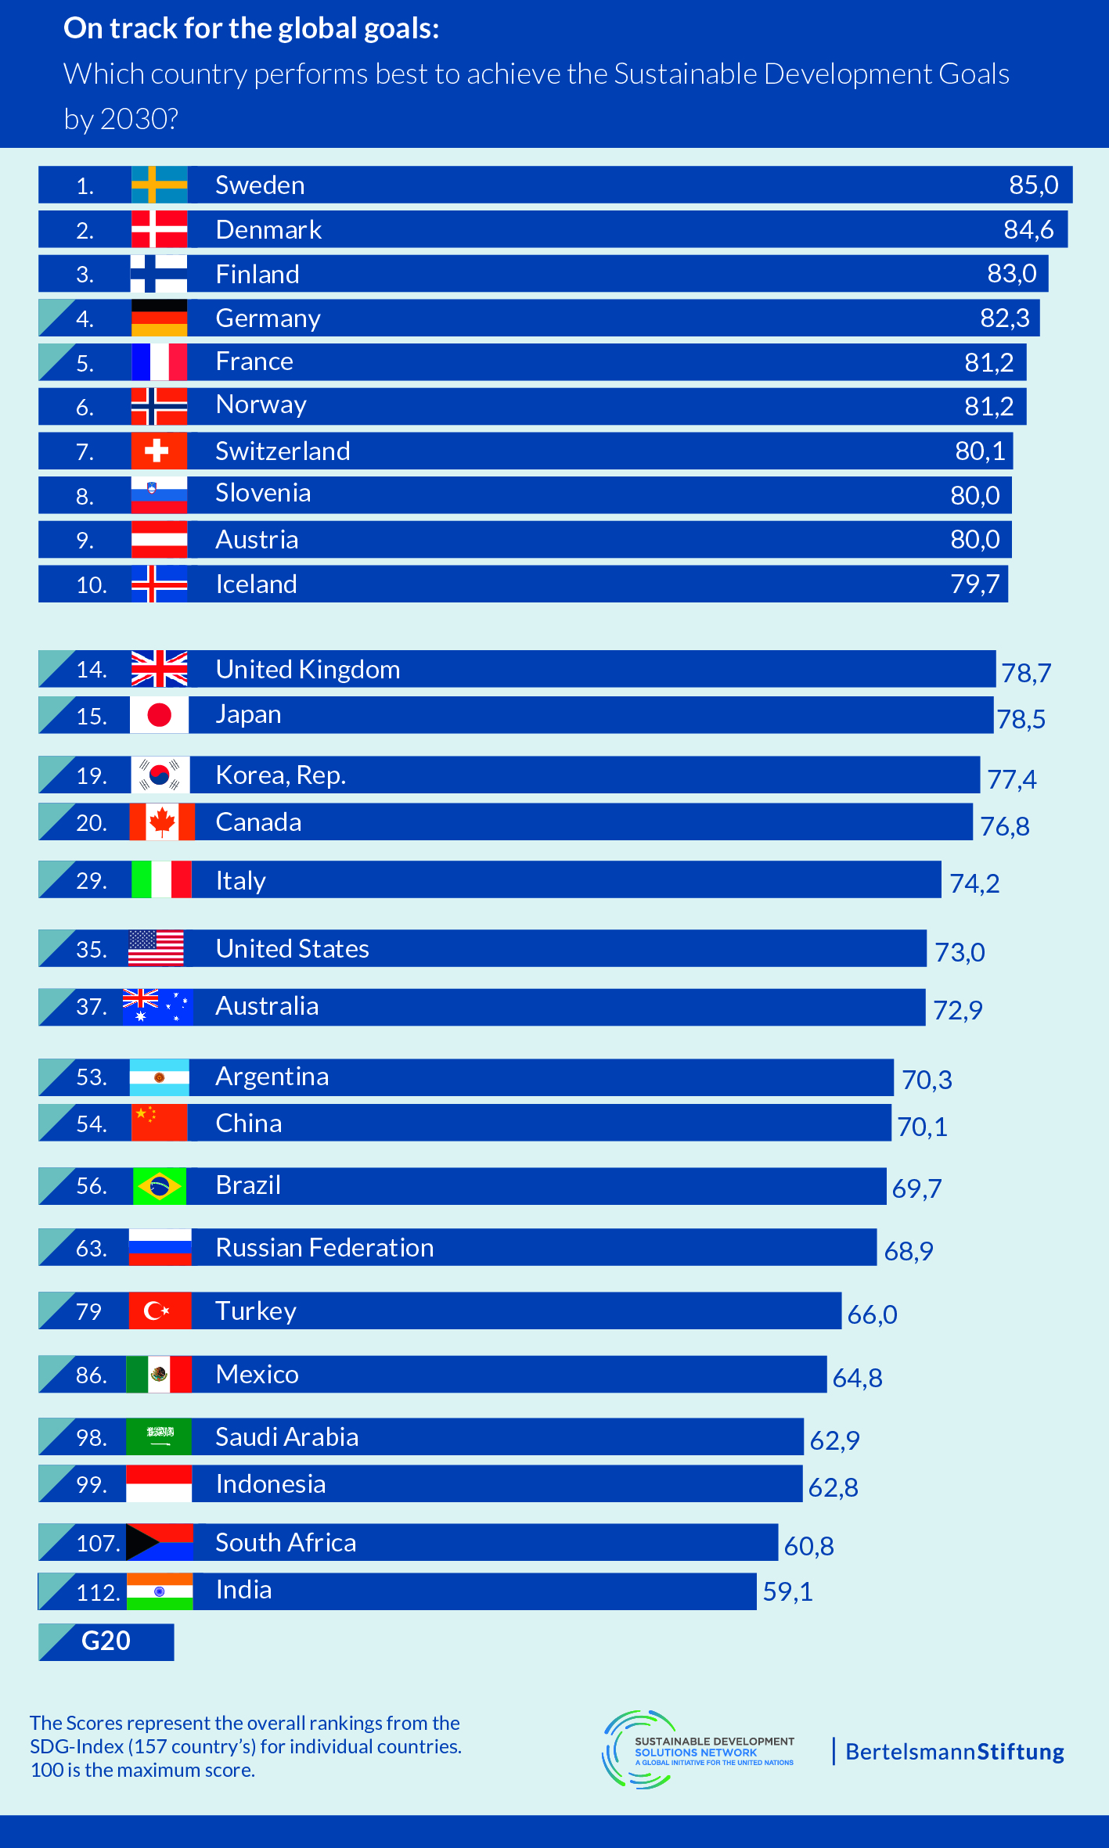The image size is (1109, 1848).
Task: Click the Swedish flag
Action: [159, 185]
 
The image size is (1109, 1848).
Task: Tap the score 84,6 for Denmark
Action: [1028, 229]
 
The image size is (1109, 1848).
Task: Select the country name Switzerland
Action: [283, 451]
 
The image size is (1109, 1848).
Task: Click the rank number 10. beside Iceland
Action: [91, 584]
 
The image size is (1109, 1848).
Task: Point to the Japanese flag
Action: [159, 715]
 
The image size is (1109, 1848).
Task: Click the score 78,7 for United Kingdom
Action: [1026, 673]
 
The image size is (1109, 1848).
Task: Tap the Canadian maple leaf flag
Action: [162, 822]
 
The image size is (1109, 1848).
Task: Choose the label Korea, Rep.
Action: [280, 775]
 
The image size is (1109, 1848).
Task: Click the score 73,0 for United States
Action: [960, 952]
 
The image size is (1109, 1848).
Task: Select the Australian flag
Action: [157, 1007]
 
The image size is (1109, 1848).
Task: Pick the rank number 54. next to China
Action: [91, 1124]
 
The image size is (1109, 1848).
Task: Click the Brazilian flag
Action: [159, 1186]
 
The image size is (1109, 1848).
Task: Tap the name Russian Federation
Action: [324, 1248]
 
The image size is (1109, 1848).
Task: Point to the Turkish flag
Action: [160, 1310]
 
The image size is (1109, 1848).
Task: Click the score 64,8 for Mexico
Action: [857, 1378]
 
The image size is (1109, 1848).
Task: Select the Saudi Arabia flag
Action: [159, 1436]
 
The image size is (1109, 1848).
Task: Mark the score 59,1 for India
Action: [787, 1591]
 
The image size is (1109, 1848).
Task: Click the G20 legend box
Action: [106, 1641]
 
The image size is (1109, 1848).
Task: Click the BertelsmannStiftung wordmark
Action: [954, 1752]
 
